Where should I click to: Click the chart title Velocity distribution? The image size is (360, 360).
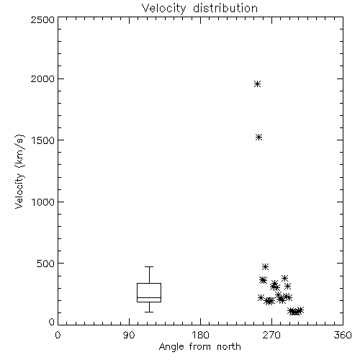coord(199,9)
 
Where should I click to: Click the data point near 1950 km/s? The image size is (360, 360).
coord(258,84)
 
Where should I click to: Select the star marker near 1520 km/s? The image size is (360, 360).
coord(258,138)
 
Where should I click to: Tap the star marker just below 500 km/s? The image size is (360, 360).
coord(265,266)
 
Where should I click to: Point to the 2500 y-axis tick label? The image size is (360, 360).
coord(42,19)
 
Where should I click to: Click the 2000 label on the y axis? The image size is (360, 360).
coord(42,78)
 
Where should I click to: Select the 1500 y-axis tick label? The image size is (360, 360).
coord(43,140)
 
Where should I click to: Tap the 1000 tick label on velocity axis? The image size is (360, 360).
coord(43,202)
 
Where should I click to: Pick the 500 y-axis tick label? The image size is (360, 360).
coord(46,264)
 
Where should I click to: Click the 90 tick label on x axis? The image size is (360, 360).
coord(129,335)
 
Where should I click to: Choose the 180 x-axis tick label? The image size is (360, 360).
coord(200,335)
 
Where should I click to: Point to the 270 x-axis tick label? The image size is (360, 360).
coord(271,335)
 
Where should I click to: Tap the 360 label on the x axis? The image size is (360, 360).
coord(343,335)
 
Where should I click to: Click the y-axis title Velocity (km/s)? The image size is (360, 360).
coord(19,171)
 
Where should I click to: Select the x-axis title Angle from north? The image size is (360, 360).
coord(199,347)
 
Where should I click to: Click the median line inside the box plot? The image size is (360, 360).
coord(149,297)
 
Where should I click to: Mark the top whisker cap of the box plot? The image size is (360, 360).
coord(149,266)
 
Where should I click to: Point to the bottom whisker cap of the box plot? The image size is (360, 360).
coord(149,312)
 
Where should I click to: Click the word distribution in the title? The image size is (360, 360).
coord(225,9)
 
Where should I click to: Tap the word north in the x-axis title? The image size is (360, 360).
coord(229,346)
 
